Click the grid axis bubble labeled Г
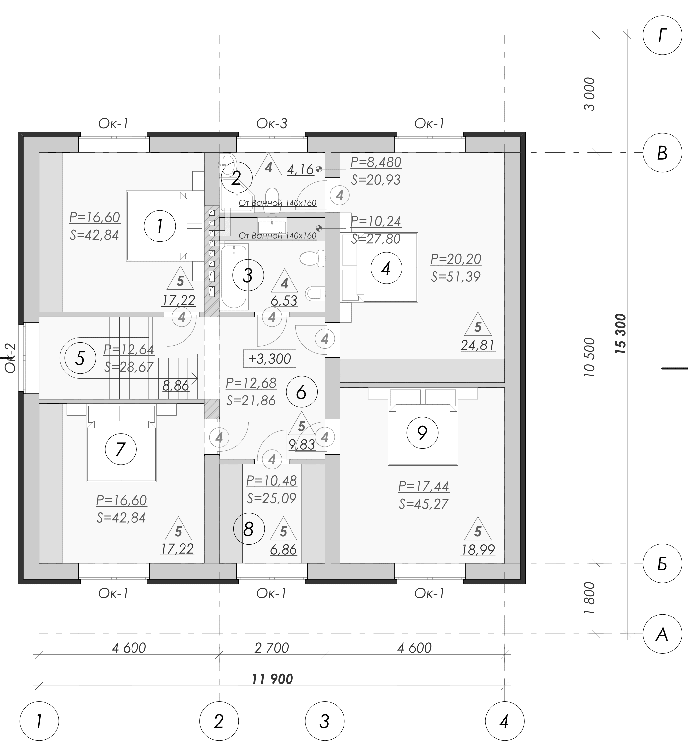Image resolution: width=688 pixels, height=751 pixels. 662,35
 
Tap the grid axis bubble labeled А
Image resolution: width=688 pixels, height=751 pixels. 662,634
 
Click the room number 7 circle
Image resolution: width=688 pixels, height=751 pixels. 121,449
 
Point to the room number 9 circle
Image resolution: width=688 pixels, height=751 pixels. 422,433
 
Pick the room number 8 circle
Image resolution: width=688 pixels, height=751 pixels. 249,529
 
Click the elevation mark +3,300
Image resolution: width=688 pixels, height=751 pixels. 269,359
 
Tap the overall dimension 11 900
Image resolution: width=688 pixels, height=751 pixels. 272,679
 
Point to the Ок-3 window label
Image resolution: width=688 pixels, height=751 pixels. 272,123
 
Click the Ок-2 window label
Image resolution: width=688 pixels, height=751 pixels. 10,358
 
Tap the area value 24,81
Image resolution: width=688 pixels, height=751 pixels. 478,345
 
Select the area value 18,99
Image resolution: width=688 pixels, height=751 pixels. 478,550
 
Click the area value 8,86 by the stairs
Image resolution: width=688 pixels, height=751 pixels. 176,386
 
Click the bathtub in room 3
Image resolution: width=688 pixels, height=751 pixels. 234,276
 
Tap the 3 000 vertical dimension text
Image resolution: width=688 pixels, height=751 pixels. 590,94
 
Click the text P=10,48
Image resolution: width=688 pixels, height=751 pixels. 272,481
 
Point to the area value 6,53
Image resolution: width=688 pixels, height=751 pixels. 285,300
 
